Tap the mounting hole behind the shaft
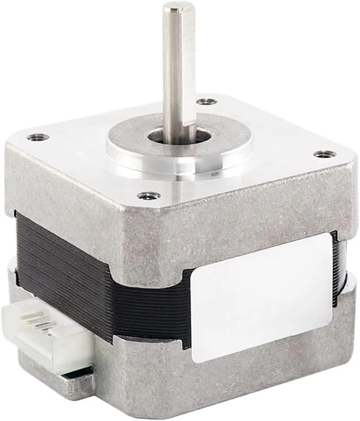[207, 101]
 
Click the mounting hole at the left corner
[38, 137]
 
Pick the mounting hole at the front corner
[149, 196]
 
